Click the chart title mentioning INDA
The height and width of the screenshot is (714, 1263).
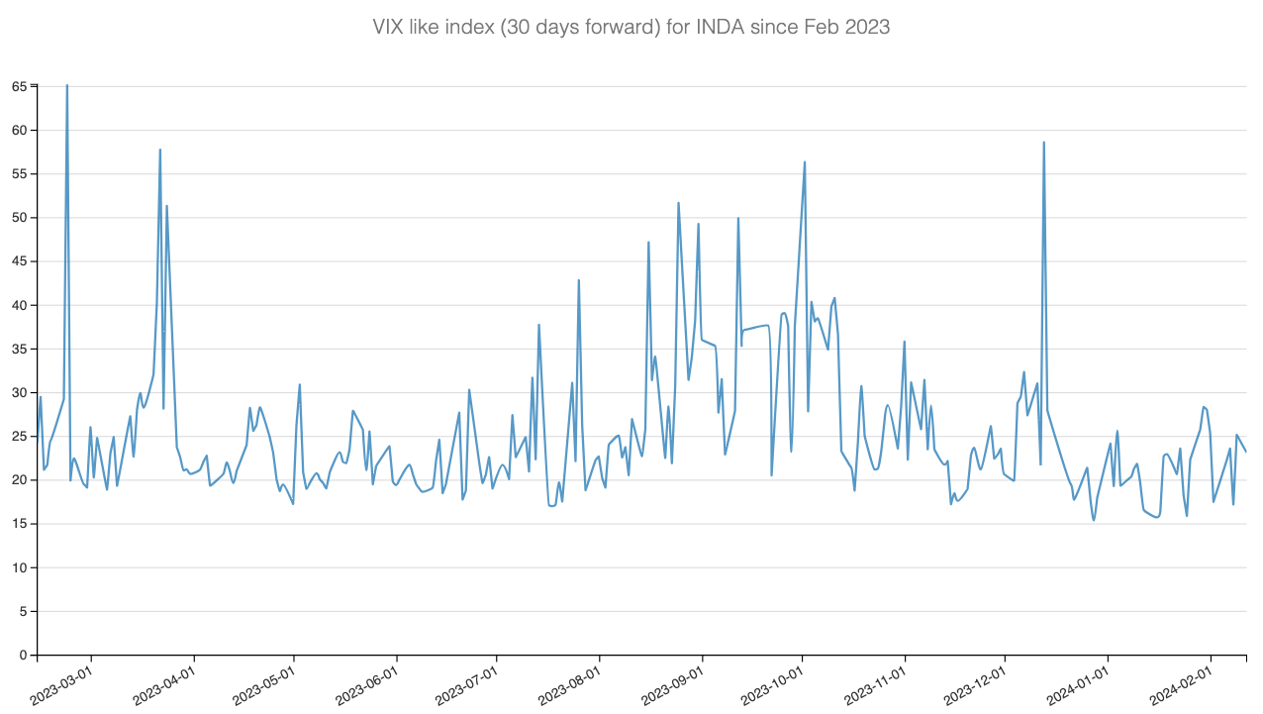point(631,28)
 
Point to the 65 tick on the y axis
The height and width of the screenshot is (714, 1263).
point(19,87)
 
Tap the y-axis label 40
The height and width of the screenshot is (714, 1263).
point(19,306)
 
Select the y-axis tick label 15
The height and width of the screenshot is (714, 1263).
point(19,524)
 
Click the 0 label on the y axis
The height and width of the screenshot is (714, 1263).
point(23,656)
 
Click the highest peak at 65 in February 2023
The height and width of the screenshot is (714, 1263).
point(67,86)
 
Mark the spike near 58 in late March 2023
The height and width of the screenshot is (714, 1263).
point(160,151)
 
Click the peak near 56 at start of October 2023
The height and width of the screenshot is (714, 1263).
point(805,162)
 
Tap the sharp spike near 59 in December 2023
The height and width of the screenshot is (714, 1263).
point(1043,143)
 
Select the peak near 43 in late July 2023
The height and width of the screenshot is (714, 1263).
point(579,280)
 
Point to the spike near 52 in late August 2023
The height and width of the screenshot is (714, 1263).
point(678,203)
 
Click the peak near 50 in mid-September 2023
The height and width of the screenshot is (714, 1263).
point(738,218)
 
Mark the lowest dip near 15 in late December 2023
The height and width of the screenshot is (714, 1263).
point(1094,520)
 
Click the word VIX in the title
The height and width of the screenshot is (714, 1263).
point(388,28)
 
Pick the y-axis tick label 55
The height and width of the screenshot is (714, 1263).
point(19,174)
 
